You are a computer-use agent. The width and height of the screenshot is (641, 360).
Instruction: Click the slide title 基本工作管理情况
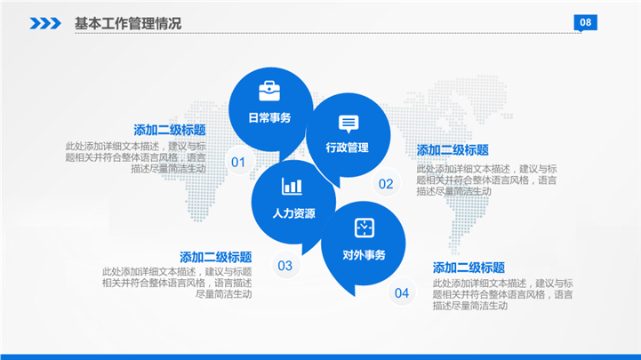click(127, 23)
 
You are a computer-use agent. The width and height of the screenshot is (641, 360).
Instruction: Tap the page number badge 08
click(585, 23)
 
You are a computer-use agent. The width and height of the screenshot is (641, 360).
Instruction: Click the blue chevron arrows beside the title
click(45, 23)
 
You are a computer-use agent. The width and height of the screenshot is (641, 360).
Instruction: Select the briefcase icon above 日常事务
click(269, 91)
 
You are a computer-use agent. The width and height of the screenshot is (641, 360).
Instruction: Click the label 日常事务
click(269, 117)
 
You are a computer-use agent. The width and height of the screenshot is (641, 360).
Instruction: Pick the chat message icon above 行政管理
click(349, 124)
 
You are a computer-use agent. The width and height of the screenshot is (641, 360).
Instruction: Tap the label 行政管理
click(347, 148)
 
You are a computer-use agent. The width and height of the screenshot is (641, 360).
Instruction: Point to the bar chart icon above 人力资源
click(292, 187)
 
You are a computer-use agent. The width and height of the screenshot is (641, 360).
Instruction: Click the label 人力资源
click(293, 213)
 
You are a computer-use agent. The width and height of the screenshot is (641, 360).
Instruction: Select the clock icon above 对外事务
click(365, 228)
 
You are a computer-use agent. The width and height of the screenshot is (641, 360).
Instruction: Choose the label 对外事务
click(364, 255)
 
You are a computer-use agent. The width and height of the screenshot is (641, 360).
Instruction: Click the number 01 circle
click(239, 162)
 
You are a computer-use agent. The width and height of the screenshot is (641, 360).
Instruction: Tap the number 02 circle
click(386, 183)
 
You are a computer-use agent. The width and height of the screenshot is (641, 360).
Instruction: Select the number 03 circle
click(285, 266)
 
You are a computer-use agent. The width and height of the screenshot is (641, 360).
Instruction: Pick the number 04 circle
click(402, 292)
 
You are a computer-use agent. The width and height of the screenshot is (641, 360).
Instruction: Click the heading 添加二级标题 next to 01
click(169, 130)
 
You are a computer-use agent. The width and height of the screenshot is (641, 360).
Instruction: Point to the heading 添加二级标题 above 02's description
click(453, 150)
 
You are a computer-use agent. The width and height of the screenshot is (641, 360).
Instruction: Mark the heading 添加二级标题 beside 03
click(215, 257)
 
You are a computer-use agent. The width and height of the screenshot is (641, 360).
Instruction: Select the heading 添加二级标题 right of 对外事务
click(469, 268)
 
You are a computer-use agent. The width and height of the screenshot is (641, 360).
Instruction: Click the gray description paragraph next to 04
click(503, 294)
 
